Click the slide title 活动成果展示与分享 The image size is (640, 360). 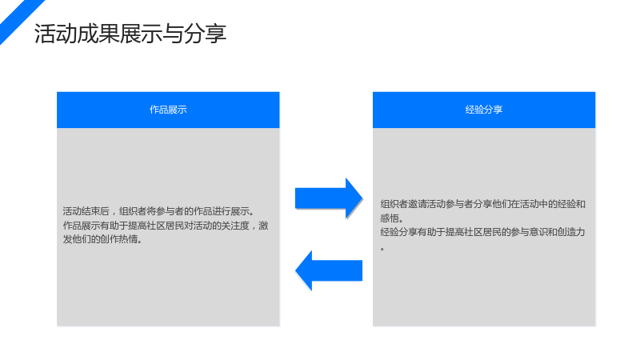(x=130, y=34)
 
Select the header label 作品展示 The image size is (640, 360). (x=168, y=110)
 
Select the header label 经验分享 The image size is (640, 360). (x=484, y=110)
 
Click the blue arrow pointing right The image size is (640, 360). (x=329, y=198)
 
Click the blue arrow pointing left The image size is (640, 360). (x=329, y=270)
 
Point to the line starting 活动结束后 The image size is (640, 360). (x=159, y=211)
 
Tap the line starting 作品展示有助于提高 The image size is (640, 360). (x=166, y=226)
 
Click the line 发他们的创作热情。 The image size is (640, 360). (x=103, y=239)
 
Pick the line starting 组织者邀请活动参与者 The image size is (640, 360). (x=483, y=204)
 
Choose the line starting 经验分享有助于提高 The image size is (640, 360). (x=483, y=232)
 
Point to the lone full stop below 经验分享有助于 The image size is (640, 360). (x=382, y=249)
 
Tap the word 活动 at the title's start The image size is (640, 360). (x=55, y=34)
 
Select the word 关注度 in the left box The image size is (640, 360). (x=235, y=226)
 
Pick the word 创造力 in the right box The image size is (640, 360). (x=571, y=232)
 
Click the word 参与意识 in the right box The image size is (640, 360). (x=530, y=232)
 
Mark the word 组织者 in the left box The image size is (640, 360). (x=133, y=211)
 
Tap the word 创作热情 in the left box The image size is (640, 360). (x=118, y=239)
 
